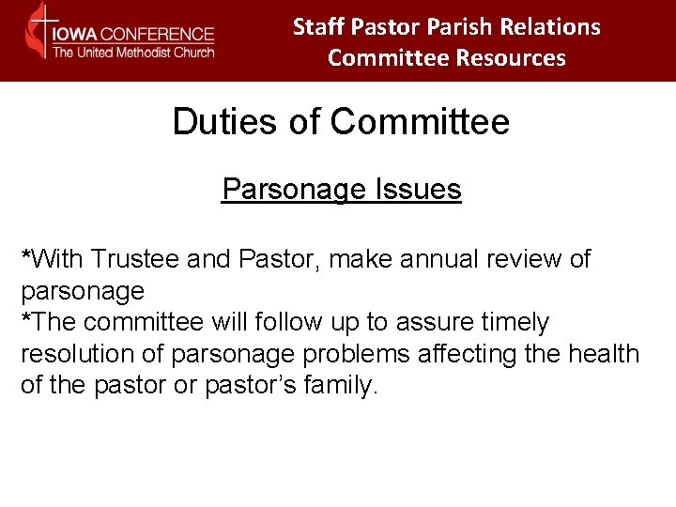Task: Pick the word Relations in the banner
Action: pyautogui.click(x=554, y=27)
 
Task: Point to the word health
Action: pyautogui.click(x=604, y=355)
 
